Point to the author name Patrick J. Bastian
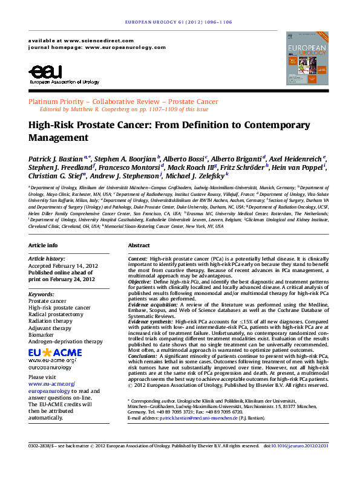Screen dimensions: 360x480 tap(56, 158)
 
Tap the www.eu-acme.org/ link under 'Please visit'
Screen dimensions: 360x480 tap(51, 384)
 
